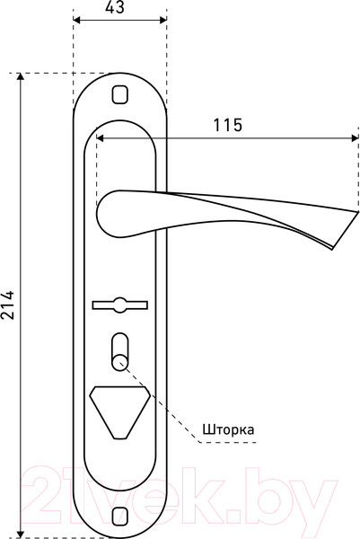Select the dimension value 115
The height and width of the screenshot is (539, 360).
click(227, 125)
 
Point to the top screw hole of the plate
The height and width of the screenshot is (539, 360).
click(119, 93)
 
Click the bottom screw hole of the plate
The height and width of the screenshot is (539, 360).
click(119, 514)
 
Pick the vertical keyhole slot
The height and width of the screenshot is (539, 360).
click(119, 349)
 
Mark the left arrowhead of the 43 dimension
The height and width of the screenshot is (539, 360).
click(75, 21)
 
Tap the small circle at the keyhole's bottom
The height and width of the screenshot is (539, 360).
click(119, 361)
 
